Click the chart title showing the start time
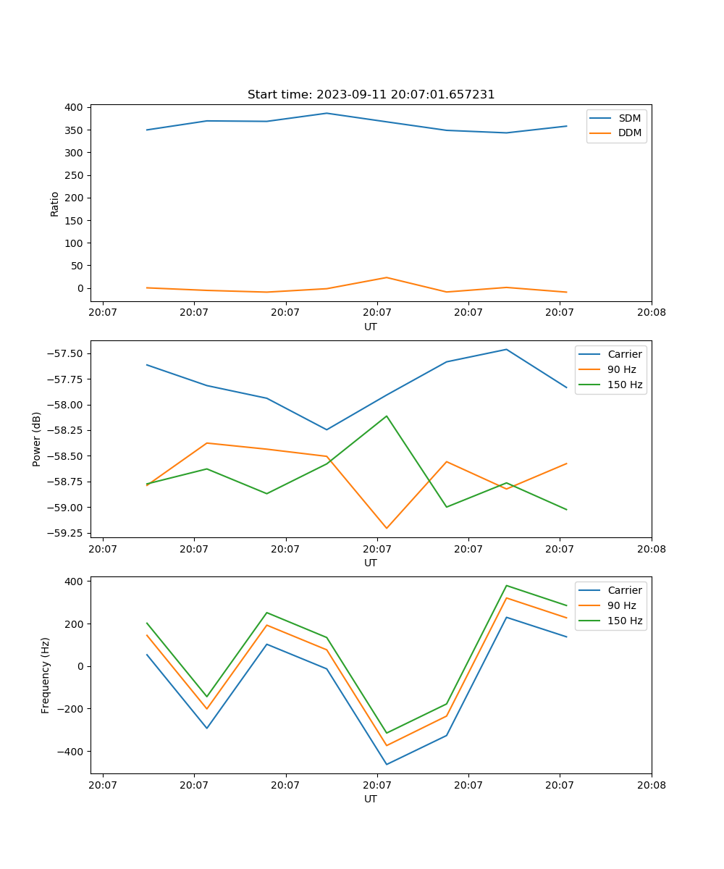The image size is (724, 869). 371,95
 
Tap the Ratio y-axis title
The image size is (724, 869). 55,203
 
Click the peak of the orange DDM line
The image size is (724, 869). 387,277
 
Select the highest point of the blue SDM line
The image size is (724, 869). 327,113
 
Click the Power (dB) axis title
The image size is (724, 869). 37,439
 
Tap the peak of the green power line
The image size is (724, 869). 387,416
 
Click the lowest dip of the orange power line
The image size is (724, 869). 387,528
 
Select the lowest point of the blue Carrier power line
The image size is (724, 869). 327,429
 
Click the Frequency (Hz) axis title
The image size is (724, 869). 46,675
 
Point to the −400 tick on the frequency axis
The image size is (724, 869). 70,751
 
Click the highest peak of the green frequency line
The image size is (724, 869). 506,585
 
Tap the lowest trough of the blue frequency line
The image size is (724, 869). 387,764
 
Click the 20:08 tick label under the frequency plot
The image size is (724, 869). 651,784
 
